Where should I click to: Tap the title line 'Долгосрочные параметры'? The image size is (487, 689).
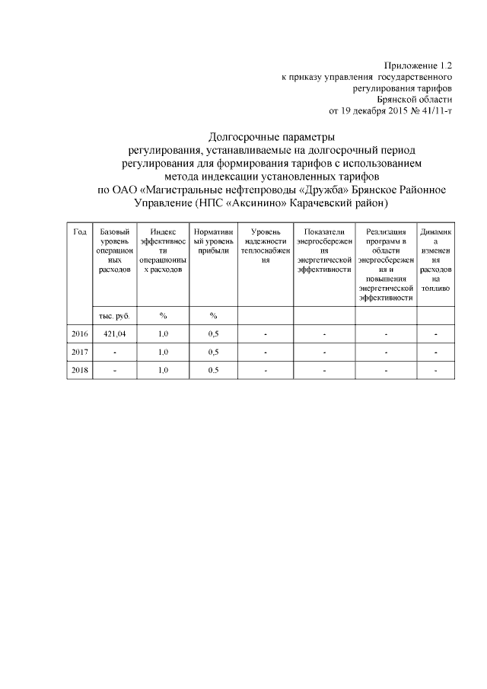[272, 137]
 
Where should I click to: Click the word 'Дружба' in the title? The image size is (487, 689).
[320, 189]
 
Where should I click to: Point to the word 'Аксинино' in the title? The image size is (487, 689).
[247, 203]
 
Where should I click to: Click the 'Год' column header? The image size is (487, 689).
[79, 231]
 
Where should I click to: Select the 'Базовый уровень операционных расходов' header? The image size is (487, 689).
[114, 250]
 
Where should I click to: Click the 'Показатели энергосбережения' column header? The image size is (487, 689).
[323, 250]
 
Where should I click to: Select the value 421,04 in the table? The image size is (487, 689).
[114, 334]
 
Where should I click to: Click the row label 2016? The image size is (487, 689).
[79, 334]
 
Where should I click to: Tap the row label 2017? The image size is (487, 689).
[79, 352]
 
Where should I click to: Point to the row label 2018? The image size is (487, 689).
[79, 370]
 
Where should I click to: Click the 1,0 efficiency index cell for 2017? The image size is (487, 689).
[163, 352]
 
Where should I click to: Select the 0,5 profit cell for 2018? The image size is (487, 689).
[213, 370]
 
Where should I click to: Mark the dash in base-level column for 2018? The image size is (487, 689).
[114, 370]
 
